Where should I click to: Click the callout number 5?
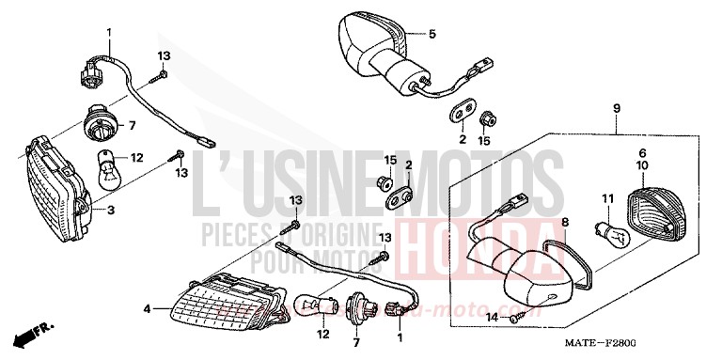pyautogui.click(x=432, y=35)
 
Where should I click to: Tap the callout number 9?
pyautogui.click(x=617, y=109)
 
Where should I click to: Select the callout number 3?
pyautogui.click(x=110, y=211)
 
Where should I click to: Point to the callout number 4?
pyautogui.click(x=147, y=308)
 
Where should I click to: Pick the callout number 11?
pyautogui.click(x=607, y=198)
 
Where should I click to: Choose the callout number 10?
pyautogui.click(x=643, y=165)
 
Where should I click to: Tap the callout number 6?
pyautogui.click(x=642, y=152)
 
